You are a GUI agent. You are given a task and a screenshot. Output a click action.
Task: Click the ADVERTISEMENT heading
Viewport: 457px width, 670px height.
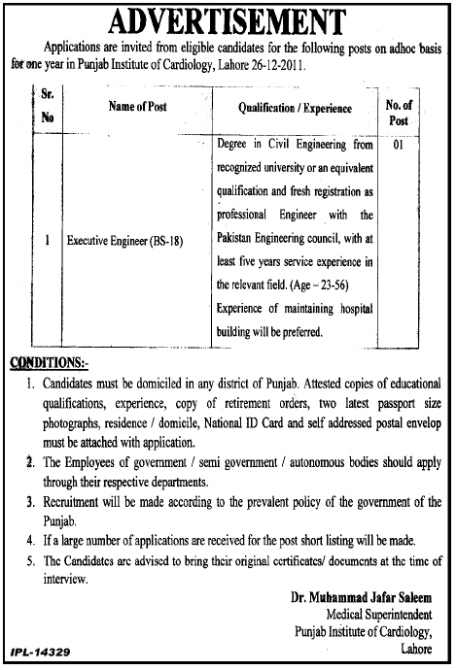pyautogui.click(x=228, y=19)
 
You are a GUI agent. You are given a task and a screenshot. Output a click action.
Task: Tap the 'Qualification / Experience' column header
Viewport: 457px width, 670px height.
pyautogui.click(x=295, y=109)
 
